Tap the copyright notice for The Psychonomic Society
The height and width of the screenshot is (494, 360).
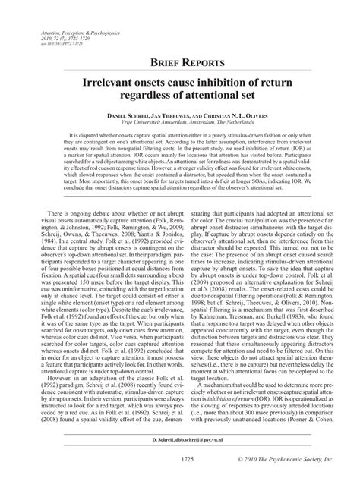tap(283, 482)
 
